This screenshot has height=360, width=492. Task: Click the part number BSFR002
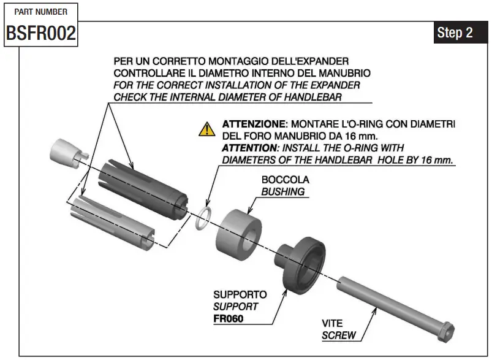coord(40,33)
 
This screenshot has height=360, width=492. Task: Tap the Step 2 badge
coord(455,33)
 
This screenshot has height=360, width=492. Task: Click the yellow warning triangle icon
coord(207,129)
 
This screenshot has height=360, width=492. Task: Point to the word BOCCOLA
coord(285,180)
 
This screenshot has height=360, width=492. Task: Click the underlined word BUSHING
coord(282,191)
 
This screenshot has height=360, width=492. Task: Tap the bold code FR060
coord(228,318)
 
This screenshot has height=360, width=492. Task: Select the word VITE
coord(332,323)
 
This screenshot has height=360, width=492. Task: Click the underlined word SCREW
coord(337,335)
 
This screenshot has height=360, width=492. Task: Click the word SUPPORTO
coord(240,295)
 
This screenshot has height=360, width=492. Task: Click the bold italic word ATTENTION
coord(251,148)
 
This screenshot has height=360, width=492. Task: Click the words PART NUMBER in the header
coord(40,11)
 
